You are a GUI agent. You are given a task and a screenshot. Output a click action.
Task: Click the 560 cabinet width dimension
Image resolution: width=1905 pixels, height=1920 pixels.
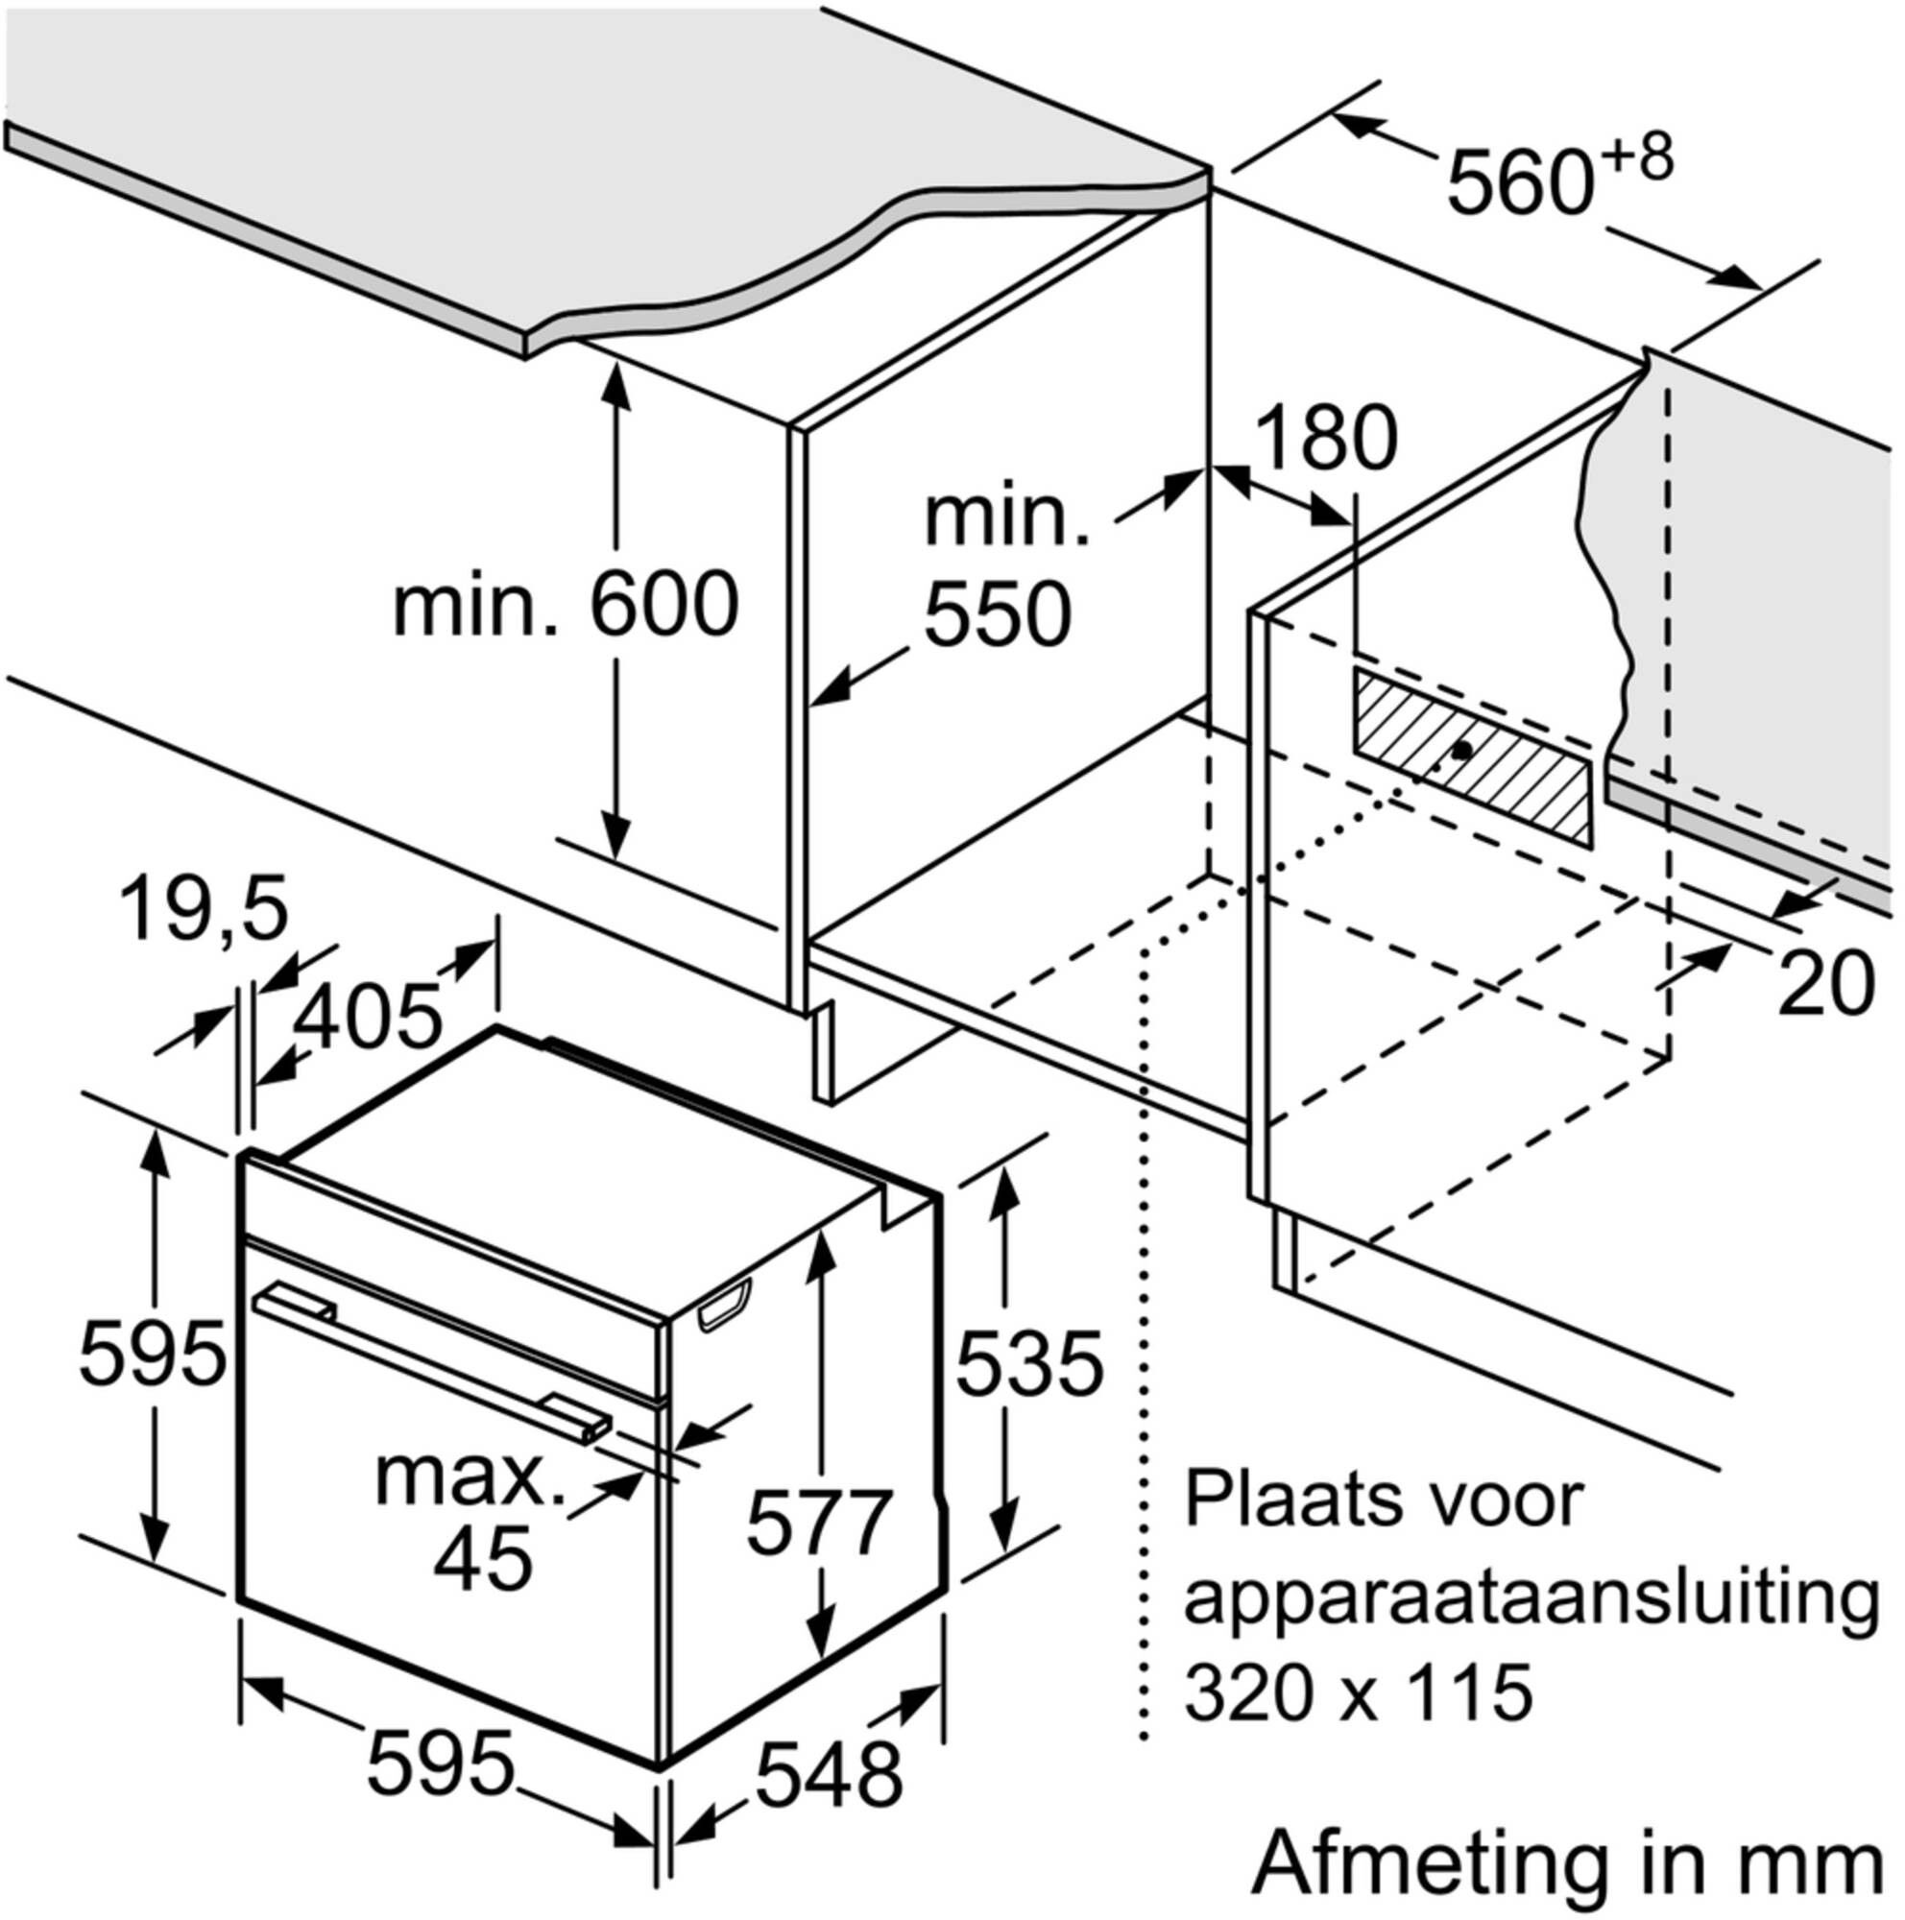[x=1519, y=184]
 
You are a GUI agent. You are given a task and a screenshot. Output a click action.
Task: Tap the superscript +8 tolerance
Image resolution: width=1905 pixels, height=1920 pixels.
[x=1634, y=158]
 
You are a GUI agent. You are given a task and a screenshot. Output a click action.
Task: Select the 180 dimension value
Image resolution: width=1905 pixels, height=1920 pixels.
[x=1326, y=439]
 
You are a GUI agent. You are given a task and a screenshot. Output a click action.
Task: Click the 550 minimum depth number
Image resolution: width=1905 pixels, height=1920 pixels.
[x=998, y=615]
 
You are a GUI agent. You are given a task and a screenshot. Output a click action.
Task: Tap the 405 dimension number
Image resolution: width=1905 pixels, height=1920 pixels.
[x=368, y=1018]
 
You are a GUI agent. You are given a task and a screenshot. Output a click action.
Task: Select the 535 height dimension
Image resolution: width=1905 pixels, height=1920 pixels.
[x=1029, y=1364]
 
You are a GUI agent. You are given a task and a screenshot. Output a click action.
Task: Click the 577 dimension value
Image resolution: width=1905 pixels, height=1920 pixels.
[x=818, y=1522]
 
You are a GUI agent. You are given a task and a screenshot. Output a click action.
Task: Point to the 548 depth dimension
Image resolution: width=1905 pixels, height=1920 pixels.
[x=830, y=1774]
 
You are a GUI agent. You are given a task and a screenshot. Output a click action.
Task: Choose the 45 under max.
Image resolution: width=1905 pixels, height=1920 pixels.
[x=483, y=1557]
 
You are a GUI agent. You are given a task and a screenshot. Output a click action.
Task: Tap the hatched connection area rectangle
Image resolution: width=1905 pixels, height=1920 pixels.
[x=1471, y=756]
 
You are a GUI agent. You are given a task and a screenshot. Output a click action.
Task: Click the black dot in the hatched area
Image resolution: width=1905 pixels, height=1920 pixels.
[x=1459, y=751]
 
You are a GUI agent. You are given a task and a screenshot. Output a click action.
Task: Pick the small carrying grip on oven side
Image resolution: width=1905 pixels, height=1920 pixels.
[x=724, y=1304]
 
